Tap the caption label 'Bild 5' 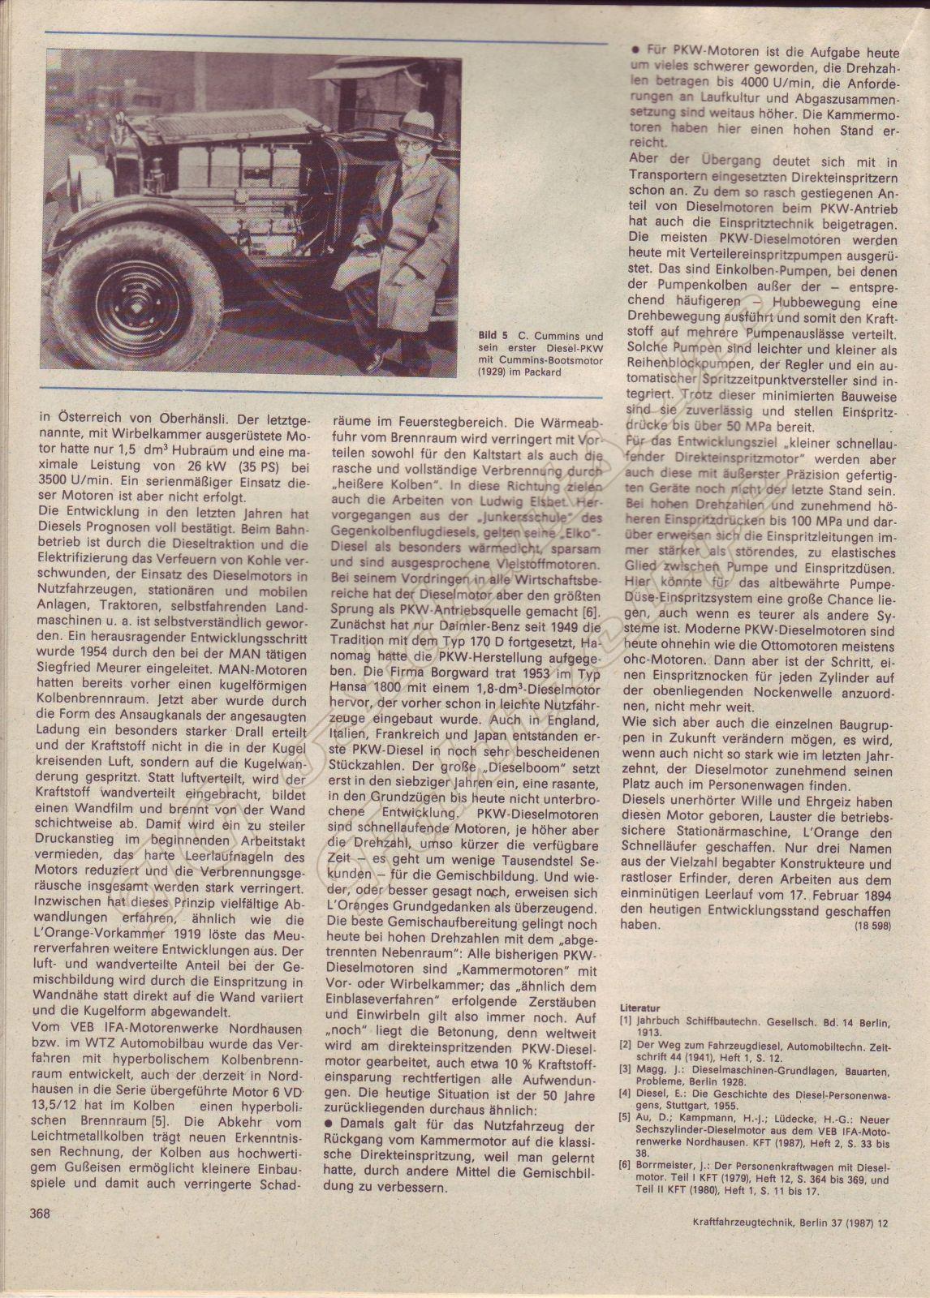point(493,335)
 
